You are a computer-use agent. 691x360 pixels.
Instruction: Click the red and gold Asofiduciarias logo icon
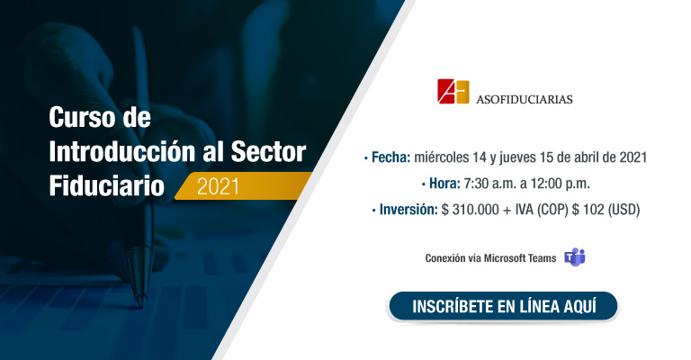[x=453, y=91]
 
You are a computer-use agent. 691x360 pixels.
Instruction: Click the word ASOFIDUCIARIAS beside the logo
[x=524, y=99]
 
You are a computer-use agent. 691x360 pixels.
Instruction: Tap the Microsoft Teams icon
[x=575, y=257]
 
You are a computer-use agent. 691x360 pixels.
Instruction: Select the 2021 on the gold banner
[x=218, y=187]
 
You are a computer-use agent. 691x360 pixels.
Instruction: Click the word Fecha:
[x=390, y=157]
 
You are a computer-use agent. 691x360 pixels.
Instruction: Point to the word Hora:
[x=444, y=184]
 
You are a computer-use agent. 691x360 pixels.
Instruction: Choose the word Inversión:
[x=408, y=210]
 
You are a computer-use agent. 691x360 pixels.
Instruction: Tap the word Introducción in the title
[x=122, y=151]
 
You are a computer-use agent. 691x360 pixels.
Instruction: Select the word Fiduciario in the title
[x=107, y=186]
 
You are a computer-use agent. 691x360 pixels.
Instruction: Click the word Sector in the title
[x=268, y=152]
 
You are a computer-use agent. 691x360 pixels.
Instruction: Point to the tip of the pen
[x=141, y=306]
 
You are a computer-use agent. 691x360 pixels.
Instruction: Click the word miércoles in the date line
[x=442, y=157]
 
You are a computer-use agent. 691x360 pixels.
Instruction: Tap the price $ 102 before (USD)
[x=588, y=210]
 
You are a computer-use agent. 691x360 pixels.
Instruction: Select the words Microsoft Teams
[x=520, y=258]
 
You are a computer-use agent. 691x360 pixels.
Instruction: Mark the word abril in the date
[x=588, y=157]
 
